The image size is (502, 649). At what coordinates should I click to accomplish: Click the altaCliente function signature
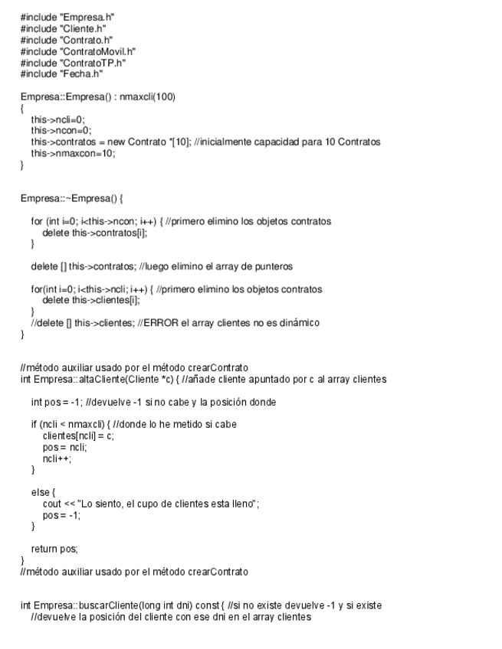[x=107, y=380]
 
